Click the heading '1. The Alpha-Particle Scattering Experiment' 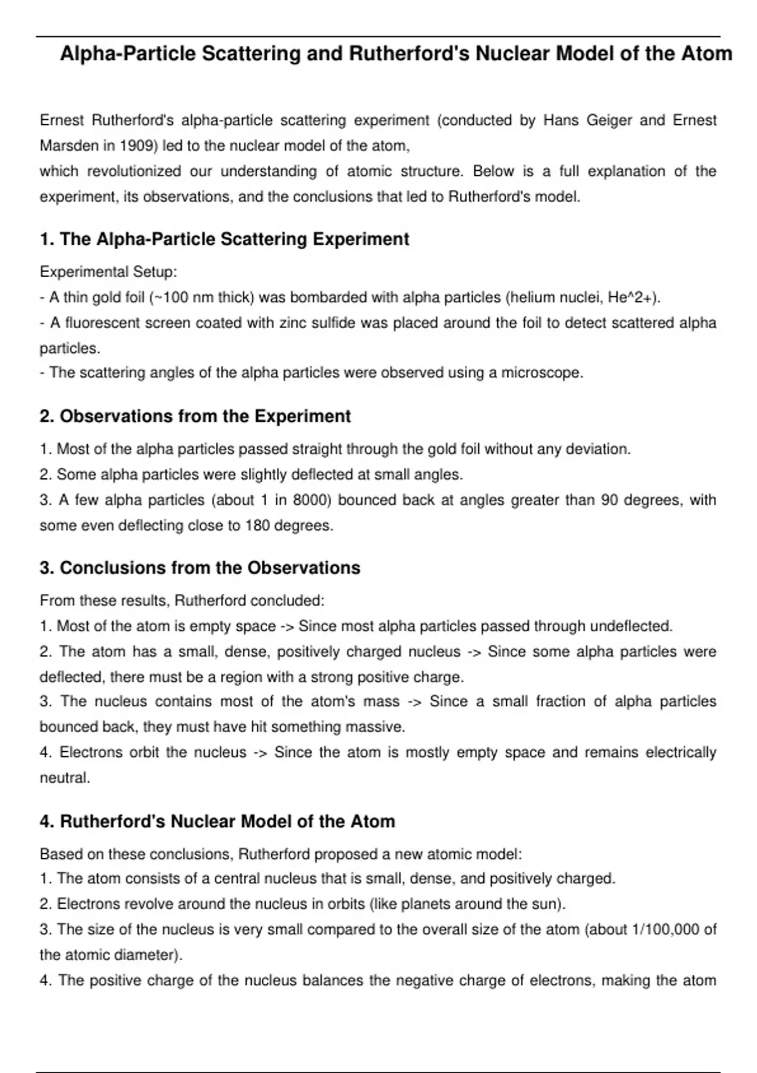click(x=224, y=239)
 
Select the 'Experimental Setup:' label click(x=109, y=272)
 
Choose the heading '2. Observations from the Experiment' click(x=195, y=417)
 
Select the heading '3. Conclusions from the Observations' click(x=200, y=568)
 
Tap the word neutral click(x=64, y=778)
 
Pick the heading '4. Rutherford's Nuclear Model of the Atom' click(x=217, y=822)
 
